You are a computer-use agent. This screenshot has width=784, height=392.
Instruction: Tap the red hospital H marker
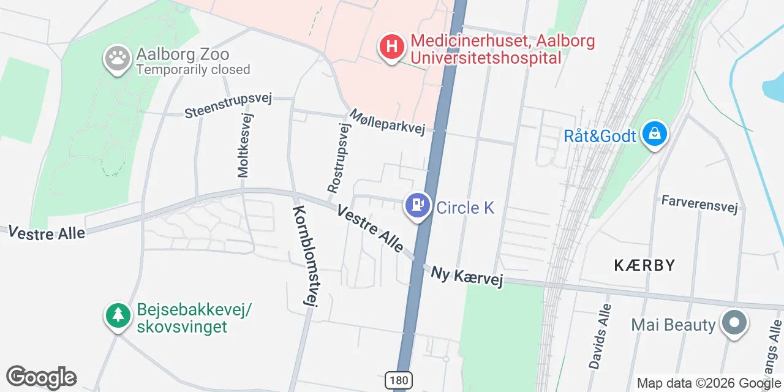tap(392, 47)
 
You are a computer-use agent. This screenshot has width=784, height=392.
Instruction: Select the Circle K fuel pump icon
tap(418, 204)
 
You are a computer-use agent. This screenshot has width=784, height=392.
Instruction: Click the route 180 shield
tap(398, 380)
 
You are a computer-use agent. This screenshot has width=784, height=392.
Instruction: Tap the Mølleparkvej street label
tap(387, 122)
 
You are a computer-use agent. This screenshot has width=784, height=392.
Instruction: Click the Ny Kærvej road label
tap(467, 277)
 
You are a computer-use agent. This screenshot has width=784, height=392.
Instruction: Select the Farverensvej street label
tap(699, 204)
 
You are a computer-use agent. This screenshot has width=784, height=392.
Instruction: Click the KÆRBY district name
tap(644, 265)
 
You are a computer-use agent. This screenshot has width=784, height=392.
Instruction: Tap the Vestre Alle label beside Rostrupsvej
tap(370, 228)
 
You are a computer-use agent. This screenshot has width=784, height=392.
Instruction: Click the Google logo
tap(41, 377)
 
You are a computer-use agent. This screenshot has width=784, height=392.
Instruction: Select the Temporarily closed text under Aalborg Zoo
tap(193, 69)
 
